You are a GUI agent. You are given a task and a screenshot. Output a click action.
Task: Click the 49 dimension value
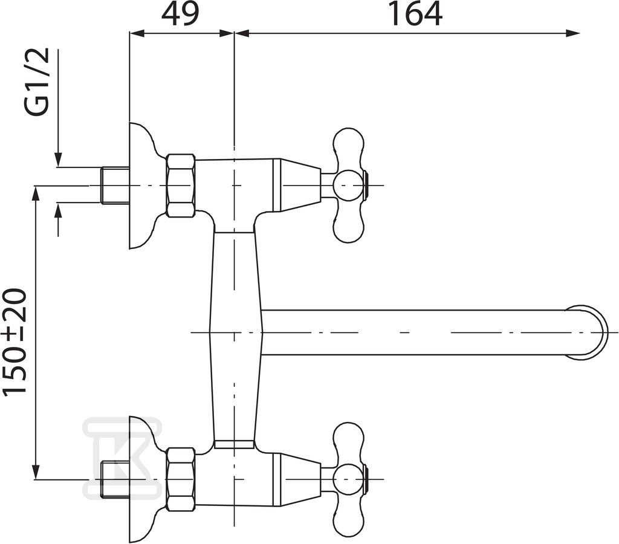180,15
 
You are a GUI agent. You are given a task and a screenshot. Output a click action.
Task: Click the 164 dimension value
415,15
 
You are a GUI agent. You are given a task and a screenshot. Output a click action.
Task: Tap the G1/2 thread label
37,82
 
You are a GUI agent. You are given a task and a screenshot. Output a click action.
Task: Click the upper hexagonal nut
181,185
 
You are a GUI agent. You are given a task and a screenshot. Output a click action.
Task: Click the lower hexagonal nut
181,479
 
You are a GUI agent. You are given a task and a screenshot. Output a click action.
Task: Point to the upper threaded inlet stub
115,185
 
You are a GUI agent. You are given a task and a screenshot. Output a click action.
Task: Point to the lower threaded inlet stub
115,479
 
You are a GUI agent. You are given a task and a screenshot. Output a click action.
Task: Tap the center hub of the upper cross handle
348,185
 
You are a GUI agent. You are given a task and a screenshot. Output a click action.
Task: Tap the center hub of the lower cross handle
348,479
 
